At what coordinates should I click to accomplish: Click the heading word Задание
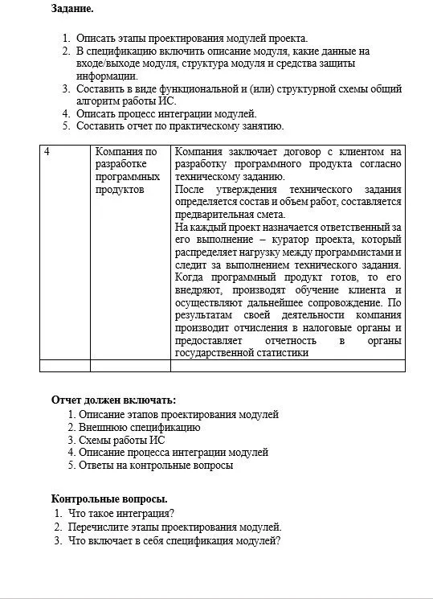click(72, 10)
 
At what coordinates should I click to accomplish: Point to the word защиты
click(333, 64)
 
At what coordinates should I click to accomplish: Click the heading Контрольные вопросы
click(109, 499)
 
